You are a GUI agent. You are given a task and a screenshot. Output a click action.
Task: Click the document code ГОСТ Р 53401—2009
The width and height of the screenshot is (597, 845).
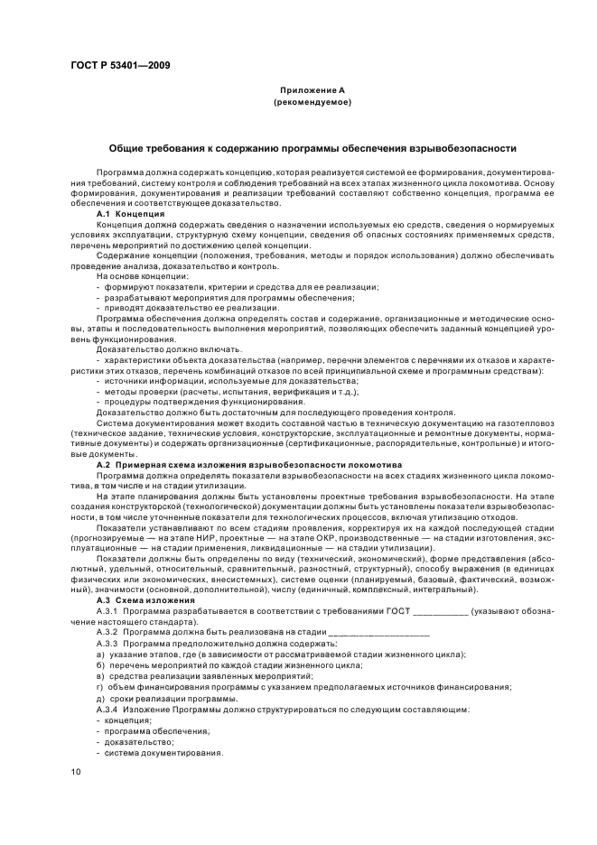pos(120,64)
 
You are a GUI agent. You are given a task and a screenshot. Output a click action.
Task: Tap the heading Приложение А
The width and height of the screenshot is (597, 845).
pos(311,91)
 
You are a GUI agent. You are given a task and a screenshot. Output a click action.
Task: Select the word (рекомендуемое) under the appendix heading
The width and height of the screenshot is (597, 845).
pos(311,104)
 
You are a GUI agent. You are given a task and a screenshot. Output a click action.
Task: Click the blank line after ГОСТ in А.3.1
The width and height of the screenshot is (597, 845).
pos(439,611)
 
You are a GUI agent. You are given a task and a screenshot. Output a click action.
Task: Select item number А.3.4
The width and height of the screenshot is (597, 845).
pos(111,710)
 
